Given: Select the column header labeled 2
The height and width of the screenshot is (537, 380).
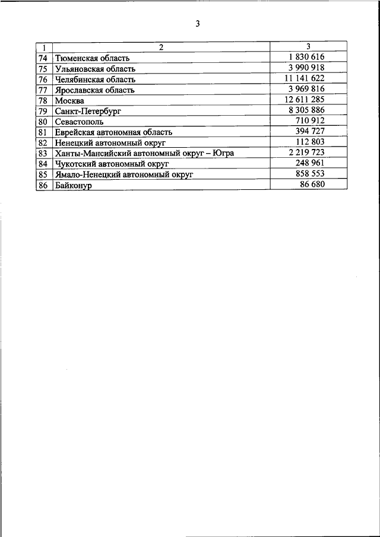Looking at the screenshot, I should coord(160,47).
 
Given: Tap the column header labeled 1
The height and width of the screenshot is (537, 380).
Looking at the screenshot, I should coord(43,47).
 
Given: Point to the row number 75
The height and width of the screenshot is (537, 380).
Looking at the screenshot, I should coord(43,69).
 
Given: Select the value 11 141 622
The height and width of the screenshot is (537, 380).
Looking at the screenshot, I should coord(305,78).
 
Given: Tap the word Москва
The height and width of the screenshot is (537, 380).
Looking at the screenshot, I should coord(69,101).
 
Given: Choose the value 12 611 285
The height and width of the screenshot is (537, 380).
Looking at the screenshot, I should coord(305,99).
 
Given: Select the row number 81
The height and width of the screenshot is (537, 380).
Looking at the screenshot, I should coord(43,132).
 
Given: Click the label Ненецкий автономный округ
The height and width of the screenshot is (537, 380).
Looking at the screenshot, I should coord(110,143).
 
